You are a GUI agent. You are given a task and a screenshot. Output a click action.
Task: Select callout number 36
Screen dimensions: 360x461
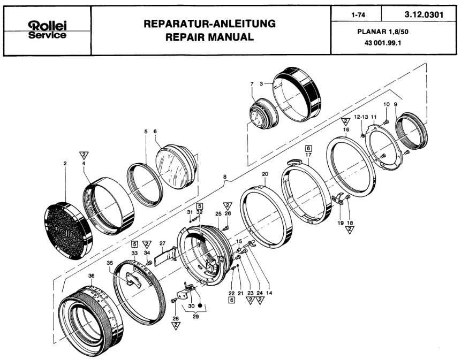[90, 275]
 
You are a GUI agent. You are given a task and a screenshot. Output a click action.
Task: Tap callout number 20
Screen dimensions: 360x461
[265, 174]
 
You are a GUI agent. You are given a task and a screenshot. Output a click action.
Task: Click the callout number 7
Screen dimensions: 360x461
[251, 84]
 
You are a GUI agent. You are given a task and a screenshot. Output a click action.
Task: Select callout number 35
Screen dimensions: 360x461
[110, 263]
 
